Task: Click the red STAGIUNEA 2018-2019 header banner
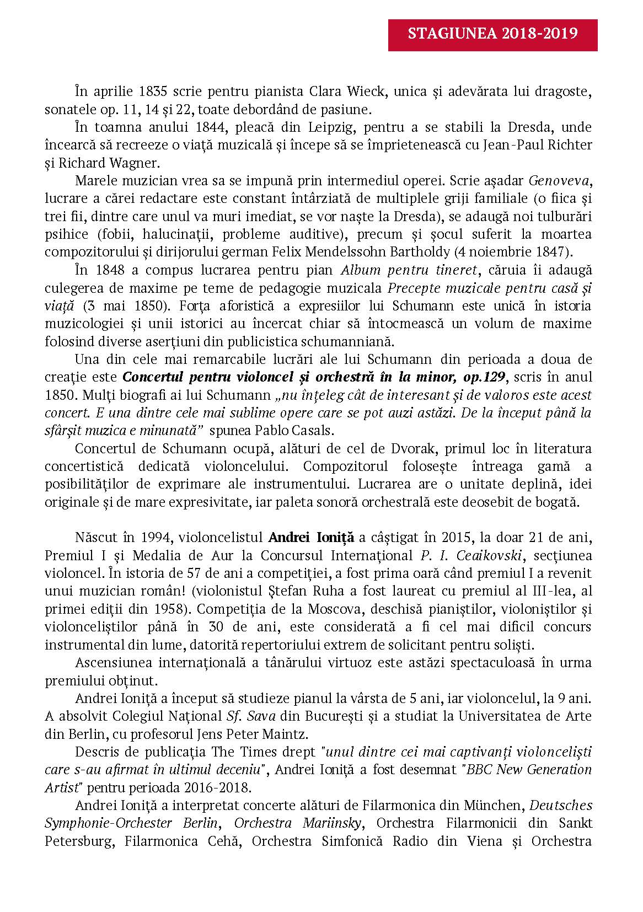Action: pyautogui.click(x=492, y=34)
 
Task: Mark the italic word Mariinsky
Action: pyautogui.click(x=332, y=823)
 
